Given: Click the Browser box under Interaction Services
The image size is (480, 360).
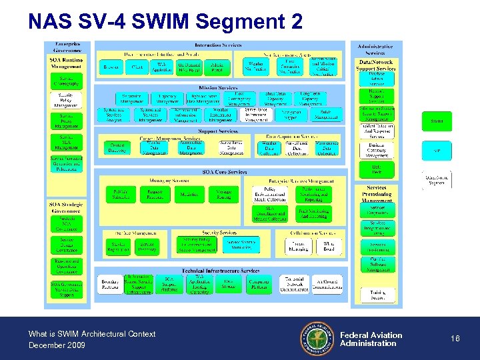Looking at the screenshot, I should [110, 67].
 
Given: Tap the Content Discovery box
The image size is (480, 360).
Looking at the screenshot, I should [117, 148].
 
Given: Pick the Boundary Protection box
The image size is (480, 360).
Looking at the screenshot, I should [111, 283].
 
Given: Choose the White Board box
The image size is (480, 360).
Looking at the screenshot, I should [329, 246].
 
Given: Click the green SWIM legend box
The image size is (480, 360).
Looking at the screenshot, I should [437, 121].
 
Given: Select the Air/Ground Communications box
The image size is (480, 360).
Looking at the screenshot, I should [328, 283].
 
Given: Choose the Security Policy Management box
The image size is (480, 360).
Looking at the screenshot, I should [66, 100].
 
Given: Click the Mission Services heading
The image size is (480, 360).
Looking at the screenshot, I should [219, 87].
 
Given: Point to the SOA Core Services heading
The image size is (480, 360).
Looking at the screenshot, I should [225, 172].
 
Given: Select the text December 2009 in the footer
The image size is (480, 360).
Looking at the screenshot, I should [57, 345].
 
